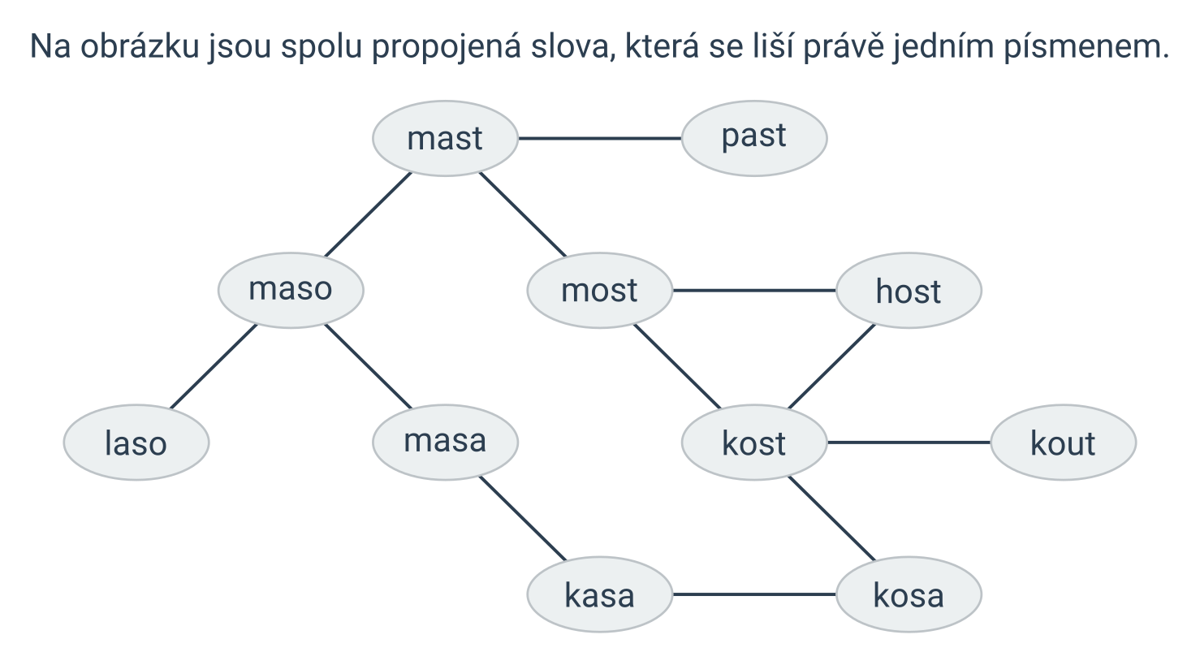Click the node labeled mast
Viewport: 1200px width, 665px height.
[x=445, y=138]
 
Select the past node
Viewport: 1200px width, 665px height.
[x=754, y=138]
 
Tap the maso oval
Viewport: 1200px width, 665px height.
[x=291, y=291]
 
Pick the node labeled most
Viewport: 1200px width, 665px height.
[x=600, y=291]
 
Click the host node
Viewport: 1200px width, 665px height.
[x=909, y=291]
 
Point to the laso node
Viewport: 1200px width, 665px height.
[x=136, y=443]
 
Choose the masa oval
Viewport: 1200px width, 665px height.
[x=445, y=443]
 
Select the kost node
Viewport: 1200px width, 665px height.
[x=754, y=443]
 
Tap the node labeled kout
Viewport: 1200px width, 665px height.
[x=1064, y=443]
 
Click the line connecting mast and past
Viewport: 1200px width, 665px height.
[x=600, y=138]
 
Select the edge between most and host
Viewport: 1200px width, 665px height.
[x=754, y=291]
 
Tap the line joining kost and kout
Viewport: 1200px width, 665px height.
[x=909, y=443]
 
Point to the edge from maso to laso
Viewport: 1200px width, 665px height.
[x=214, y=366]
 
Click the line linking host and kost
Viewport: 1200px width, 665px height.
[x=831, y=366]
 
